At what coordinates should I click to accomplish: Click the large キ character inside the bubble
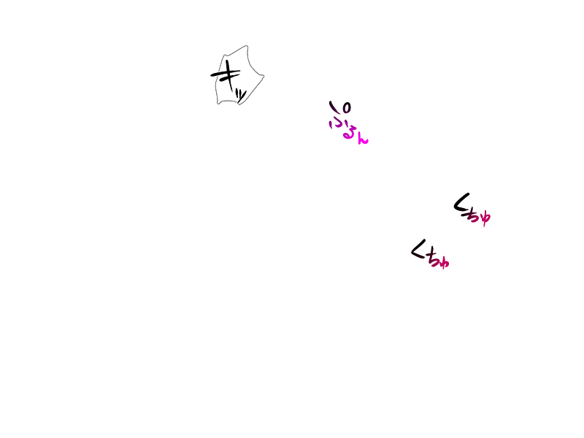(x=228, y=75)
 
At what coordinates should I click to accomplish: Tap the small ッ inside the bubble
(x=241, y=92)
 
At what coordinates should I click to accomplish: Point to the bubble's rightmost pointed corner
(x=264, y=75)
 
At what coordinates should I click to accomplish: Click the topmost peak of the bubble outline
(x=247, y=46)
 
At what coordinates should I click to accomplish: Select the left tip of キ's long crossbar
(x=212, y=75)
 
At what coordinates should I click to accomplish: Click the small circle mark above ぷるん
(x=346, y=108)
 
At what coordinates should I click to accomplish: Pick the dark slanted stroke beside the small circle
(x=334, y=108)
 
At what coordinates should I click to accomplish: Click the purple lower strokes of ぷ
(x=337, y=123)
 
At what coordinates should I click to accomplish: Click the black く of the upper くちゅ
(x=461, y=204)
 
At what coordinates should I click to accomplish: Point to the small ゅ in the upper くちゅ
(x=485, y=218)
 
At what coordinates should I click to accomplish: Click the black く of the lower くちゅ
(x=418, y=250)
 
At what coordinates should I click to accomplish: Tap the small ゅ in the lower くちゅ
(x=443, y=261)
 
